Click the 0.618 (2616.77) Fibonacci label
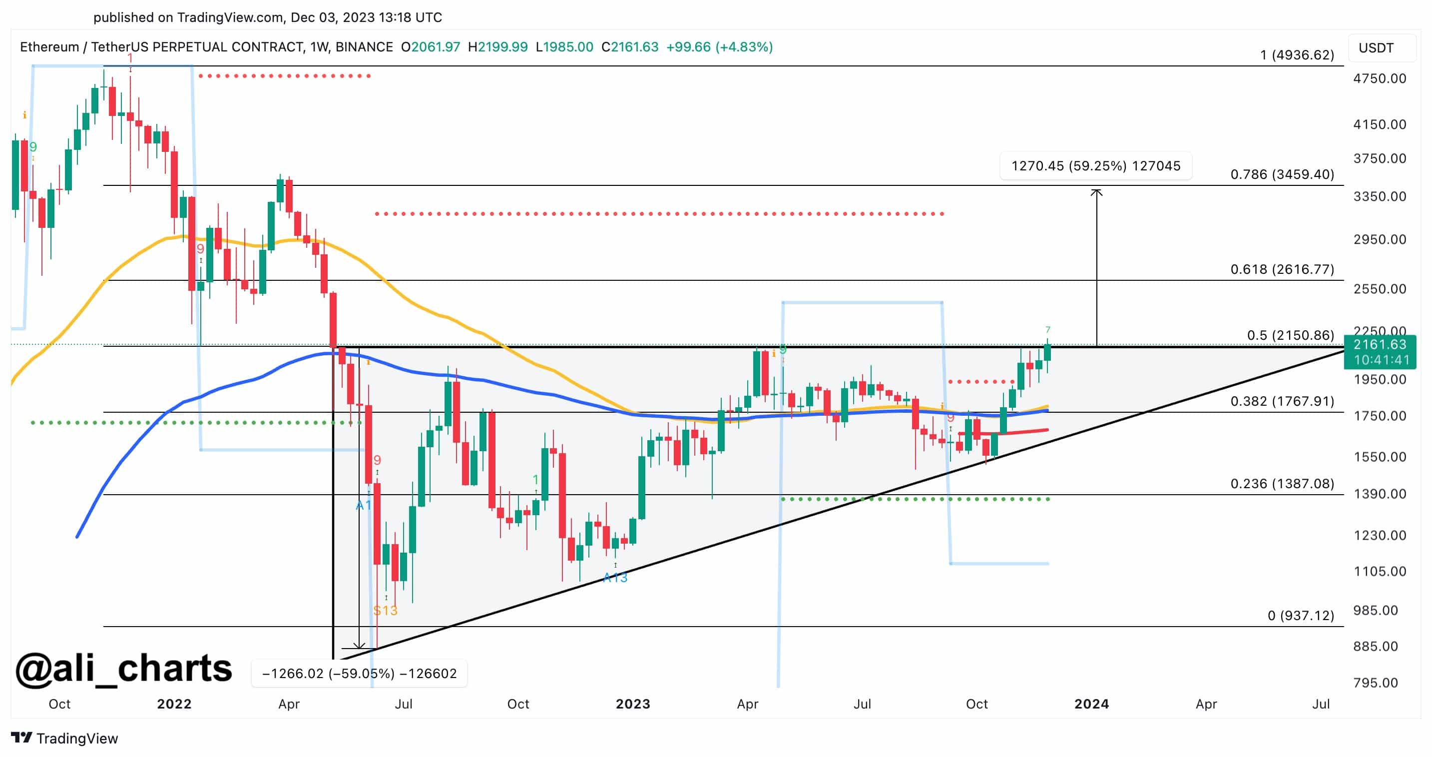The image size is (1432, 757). click(x=1282, y=269)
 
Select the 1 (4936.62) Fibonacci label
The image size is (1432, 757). click(x=1296, y=54)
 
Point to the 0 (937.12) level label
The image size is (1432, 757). click(x=1300, y=615)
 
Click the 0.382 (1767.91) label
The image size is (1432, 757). click(x=1282, y=401)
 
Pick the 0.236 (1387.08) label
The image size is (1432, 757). click(x=1282, y=483)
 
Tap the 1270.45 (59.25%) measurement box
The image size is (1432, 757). click(x=1095, y=166)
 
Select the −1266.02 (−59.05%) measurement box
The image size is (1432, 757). click(x=359, y=674)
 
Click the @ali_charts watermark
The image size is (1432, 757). click(x=123, y=668)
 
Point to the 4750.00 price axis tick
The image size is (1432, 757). click(x=1379, y=78)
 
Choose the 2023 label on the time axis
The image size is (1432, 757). click(x=633, y=704)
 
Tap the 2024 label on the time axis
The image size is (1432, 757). click(x=1091, y=704)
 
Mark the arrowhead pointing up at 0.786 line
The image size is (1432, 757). click(x=1096, y=192)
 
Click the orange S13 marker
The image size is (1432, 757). click(x=385, y=610)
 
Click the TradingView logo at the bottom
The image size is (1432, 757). click(x=64, y=738)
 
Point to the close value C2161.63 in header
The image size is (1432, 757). click(x=630, y=47)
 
